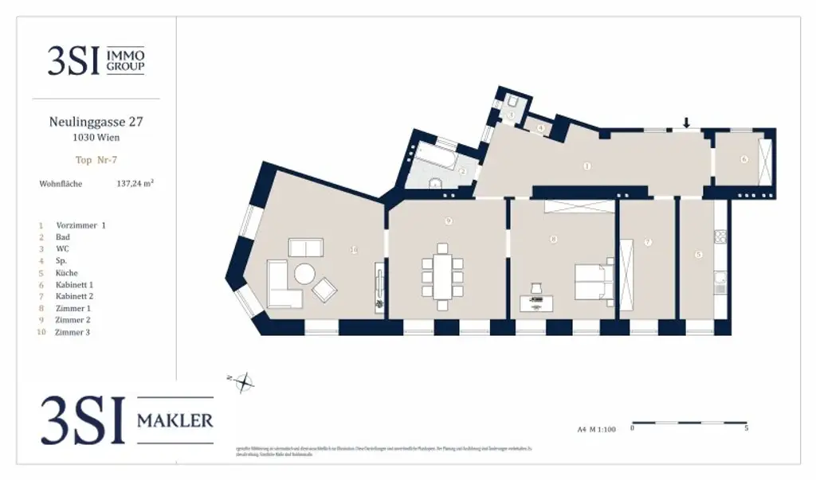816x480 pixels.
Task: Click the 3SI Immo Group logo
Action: [x=96, y=61]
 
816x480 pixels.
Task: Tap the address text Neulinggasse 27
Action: [x=96, y=123]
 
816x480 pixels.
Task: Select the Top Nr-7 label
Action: [x=96, y=159]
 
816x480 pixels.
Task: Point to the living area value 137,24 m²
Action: [x=135, y=182]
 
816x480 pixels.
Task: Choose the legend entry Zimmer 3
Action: [x=73, y=332]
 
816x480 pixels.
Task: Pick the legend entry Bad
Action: [x=63, y=237]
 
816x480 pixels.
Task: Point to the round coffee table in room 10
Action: [x=305, y=275]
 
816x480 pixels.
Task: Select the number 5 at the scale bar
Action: [x=746, y=428]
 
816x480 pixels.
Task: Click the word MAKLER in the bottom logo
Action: [x=175, y=419]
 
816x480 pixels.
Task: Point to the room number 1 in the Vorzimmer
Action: [x=587, y=166]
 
